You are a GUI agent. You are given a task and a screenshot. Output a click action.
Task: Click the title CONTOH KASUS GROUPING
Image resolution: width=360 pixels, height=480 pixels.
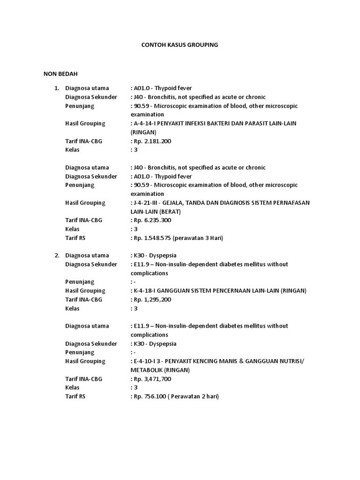pyautogui.click(x=180, y=45)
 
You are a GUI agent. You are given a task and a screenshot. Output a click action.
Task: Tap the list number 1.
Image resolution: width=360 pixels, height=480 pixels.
pyautogui.click(x=56, y=88)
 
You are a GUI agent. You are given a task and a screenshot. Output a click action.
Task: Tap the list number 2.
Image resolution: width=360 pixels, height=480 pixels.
pyautogui.click(x=56, y=255)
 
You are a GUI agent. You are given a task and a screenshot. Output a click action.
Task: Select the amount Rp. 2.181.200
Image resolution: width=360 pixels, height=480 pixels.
pyautogui.click(x=152, y=141)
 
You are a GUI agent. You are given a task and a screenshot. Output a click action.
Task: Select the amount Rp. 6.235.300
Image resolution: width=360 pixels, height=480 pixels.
pyautogui.click(x=152, y=220)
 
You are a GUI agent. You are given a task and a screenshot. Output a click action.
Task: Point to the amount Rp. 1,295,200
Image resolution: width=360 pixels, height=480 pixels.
pyautogui.click(x=152, y=300)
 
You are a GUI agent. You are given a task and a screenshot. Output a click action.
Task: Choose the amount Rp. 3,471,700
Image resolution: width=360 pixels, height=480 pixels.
pyautogui.click(x=152, y=379)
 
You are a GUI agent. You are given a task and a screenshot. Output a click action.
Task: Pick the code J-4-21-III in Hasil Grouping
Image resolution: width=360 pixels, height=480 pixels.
pyautogui.click(x=148, y=203)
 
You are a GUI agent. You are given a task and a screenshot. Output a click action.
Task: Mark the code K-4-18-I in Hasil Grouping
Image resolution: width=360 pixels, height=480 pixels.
pyautogui.click(x=145, y=291)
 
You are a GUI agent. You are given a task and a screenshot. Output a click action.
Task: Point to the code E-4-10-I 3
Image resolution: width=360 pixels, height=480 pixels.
pyautogui.click(x=148, y=361)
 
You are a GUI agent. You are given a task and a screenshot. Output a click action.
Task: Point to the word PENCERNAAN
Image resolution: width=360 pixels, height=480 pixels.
pyautogui.click(x=226, y=291)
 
